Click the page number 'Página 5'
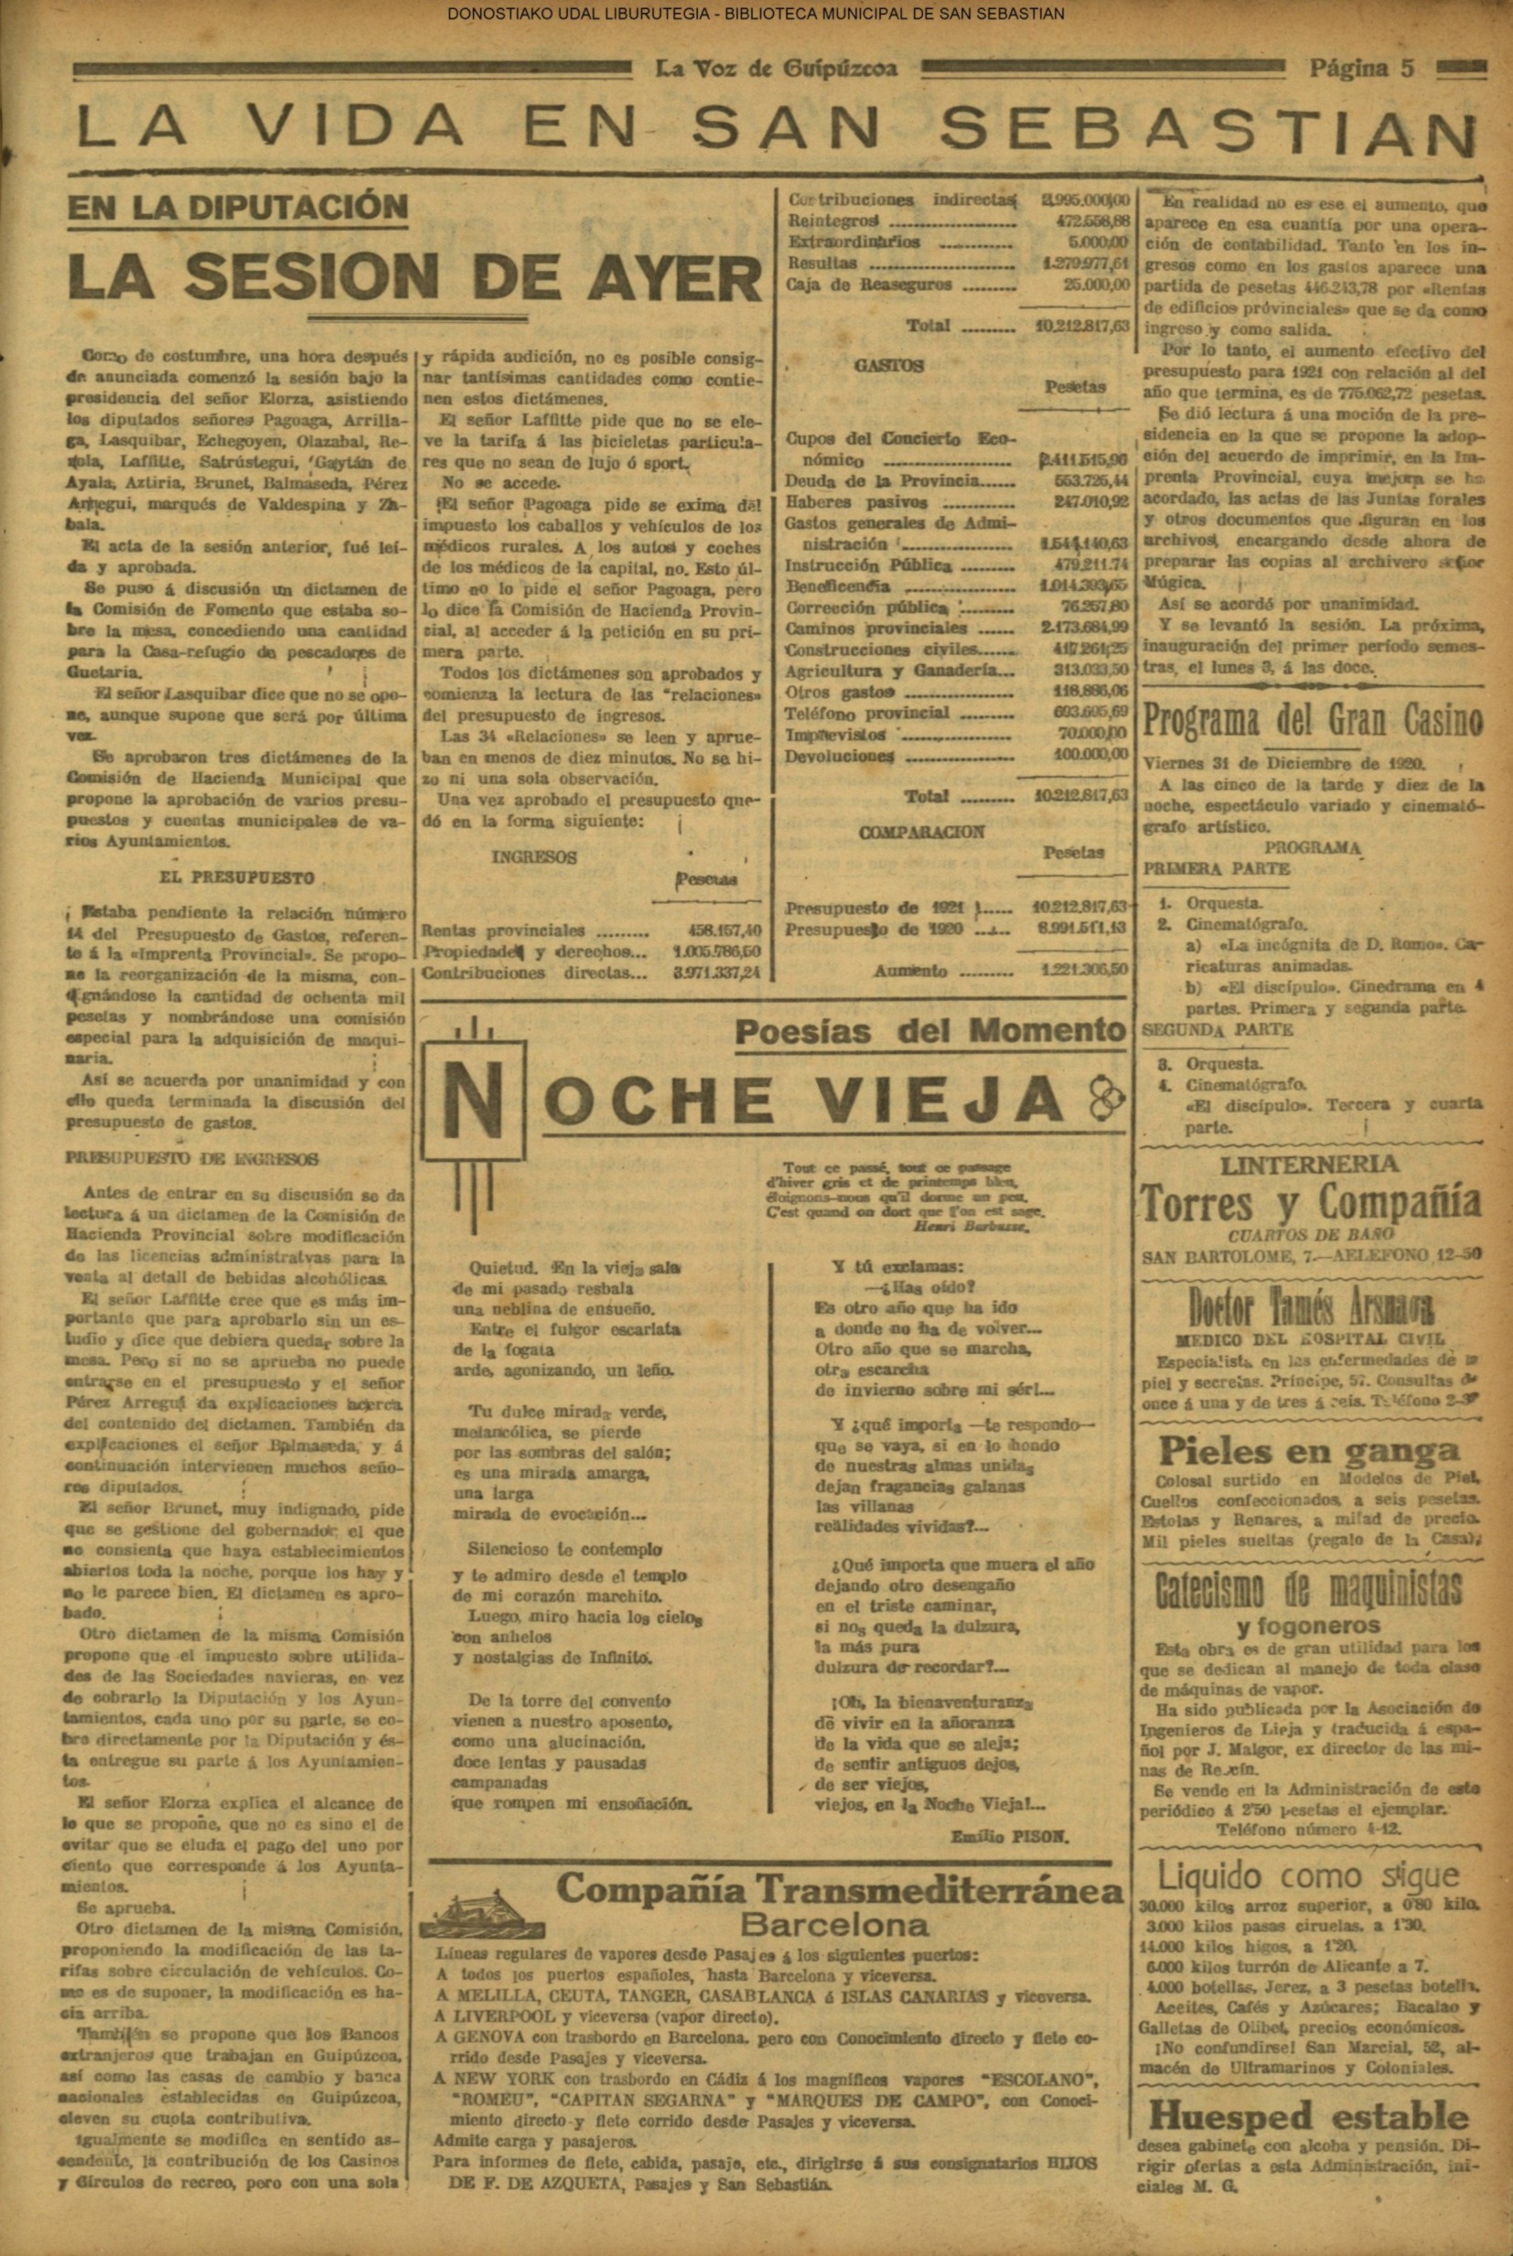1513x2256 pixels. point(1360,69)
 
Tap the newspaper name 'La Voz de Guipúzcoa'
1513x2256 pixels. point(776,69)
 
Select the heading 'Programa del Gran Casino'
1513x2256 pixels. point(1313,721)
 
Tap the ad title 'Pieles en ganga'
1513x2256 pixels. point(1308,1450)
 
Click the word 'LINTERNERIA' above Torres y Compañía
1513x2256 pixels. point(1309,1165)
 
